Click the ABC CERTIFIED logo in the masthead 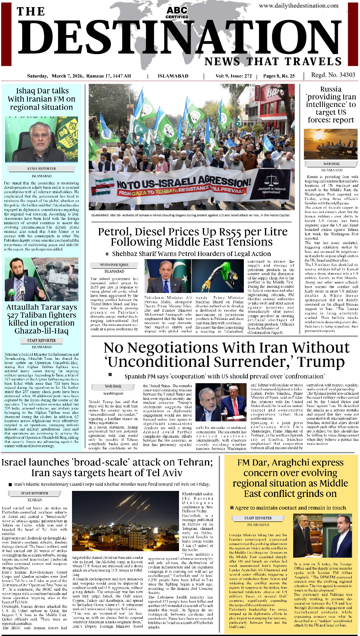177,12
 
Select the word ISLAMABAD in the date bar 173,76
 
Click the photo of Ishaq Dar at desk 41,139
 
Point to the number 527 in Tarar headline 15,315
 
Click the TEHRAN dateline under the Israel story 35,500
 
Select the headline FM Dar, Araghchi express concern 290,478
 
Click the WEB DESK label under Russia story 331,163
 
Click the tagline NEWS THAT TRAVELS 273,61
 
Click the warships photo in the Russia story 331,144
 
